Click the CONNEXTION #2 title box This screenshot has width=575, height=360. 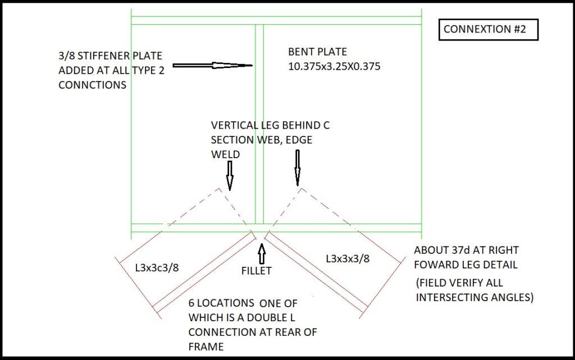coord(488,29)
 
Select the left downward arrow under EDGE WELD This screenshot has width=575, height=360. coord(229,174)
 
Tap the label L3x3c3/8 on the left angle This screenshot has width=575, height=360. coord(157,267)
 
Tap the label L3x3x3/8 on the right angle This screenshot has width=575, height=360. coord(348,258)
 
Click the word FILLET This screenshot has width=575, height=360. coord(256,271)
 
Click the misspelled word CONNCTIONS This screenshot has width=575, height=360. coord(92,85)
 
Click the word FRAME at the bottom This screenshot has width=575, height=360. coord(206,347)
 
